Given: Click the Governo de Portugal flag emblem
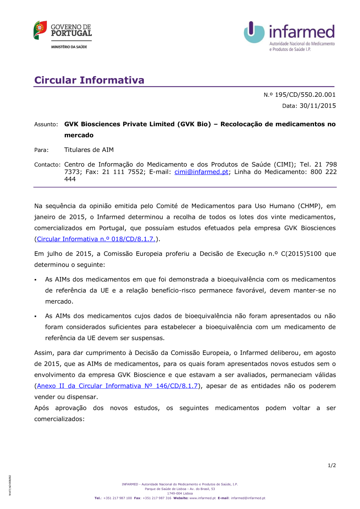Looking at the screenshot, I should pyautogui.click(x=40, y=30).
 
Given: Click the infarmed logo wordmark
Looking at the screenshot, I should pyautogui.click(x=302, y=32).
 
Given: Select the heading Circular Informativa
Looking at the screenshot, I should pyautogui.click(x=89, y=80).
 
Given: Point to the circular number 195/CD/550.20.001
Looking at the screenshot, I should pyautogui.click(x=305, y=95).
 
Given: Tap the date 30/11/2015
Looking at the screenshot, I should pyautogui.click(x=318, y=106).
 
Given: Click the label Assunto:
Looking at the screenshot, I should pyautogui.click(x=46, y=125).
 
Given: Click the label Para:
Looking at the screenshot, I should pyautogui.click(x=41, y=150).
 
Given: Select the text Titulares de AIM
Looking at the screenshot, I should pyautogui.click(x=89, y=150).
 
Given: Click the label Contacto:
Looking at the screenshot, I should pyautogui.click(x=47, y=165).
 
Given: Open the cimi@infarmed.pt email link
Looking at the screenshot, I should pyautogui.click(x=201, y=172).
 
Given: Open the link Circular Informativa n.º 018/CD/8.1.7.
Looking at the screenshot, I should pyautogui.click(x=96, y=239).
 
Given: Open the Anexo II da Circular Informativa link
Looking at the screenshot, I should pyautogui.click(x=117, y=386).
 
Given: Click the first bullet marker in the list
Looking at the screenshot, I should pyautogui.click(x=36, y=280).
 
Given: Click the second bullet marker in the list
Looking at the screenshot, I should pyautogui.click(x=36, y=316).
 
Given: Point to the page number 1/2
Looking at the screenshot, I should pyautogui.click(x=332, y=465).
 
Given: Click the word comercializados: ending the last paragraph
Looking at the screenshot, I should pyautogui.click(x=59, y=419).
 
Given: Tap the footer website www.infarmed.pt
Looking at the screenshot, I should pyautogui.click(x=202, y=498).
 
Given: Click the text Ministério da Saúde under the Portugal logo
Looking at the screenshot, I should pyautogui.click(x=69, y=47).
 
